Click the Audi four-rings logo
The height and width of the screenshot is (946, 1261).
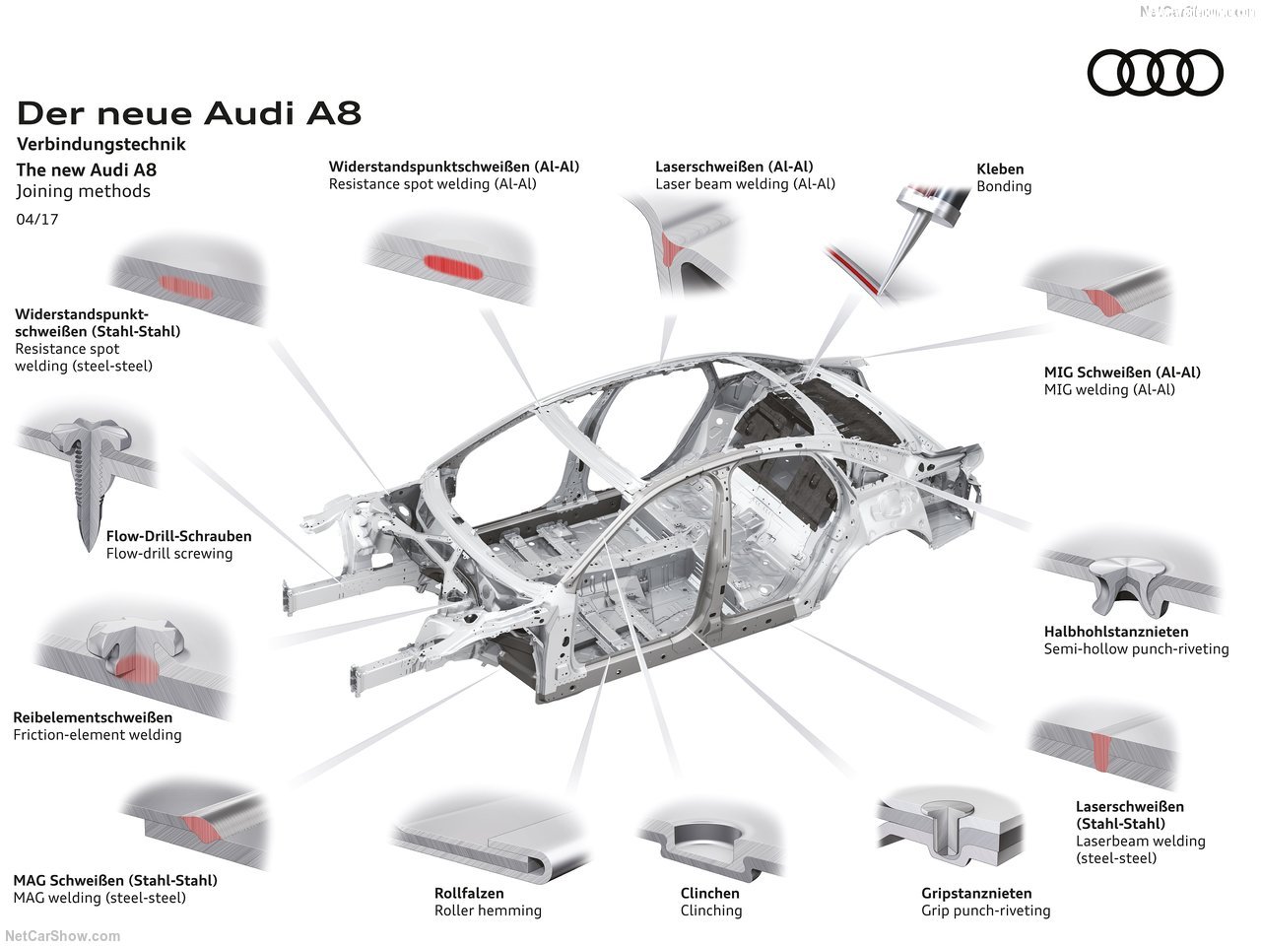tap(1155, 73)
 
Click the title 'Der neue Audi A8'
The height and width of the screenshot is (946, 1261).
tap(189, 113)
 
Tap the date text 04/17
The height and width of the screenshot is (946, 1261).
tap(36, 219)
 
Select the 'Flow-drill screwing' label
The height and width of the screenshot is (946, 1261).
tap(169, 554)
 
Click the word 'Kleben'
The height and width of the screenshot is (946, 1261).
tap(1000, 169)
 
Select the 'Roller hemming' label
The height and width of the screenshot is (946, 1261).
tap(488, 911)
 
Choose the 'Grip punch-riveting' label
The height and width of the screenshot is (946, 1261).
tap(985, 911)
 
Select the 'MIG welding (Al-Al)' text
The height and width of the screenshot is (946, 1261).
tap(1109, 390)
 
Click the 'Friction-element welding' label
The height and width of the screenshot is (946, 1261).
tap(98, 735)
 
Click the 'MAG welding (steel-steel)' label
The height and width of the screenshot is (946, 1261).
tap(100, 898)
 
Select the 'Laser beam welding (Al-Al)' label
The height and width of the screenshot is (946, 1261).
tap(745, 184)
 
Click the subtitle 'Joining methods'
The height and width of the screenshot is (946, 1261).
tap(84, 191)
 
